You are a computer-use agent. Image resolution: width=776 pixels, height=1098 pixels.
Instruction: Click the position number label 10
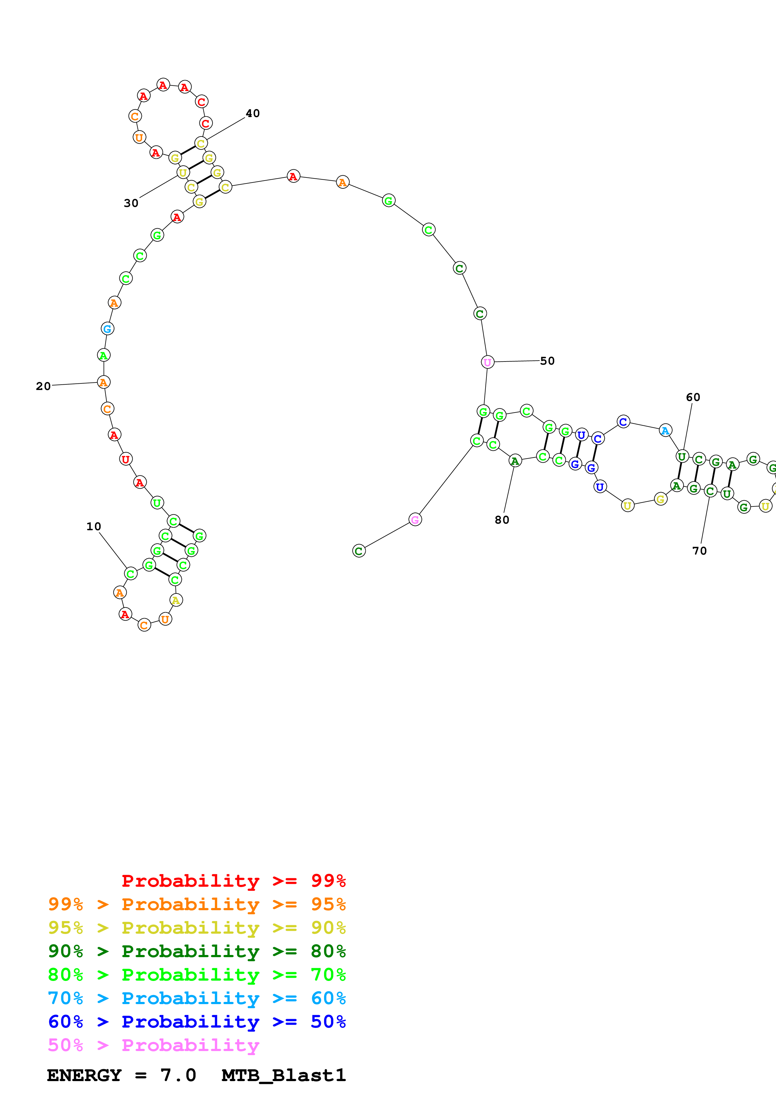(94, 526)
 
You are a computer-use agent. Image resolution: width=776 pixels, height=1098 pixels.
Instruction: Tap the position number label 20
(43, 386)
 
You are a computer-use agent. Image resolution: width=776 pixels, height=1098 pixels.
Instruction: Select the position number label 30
(131, 203)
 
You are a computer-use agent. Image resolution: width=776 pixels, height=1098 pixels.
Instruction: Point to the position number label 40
(252, 113)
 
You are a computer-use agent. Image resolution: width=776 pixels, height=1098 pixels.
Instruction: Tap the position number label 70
(700, 551)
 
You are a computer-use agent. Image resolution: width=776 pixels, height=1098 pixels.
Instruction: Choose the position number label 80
(501, 520)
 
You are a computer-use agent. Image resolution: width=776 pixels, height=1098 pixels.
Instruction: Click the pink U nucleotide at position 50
(487, 362)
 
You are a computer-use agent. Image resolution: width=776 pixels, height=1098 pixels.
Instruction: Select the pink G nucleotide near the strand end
(415, 519)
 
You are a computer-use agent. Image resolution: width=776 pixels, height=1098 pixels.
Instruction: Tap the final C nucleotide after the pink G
(359, 551)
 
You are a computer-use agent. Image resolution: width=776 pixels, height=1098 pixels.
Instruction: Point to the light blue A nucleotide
(665, 430)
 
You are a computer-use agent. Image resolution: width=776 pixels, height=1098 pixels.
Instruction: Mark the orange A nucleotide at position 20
(104, 382)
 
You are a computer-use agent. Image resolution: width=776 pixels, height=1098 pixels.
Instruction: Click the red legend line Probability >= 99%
(233, 880)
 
